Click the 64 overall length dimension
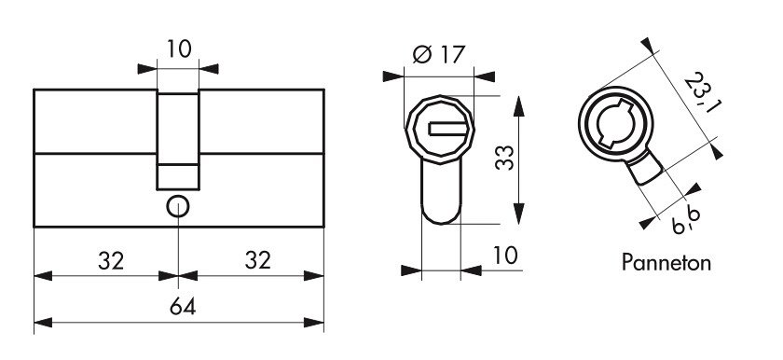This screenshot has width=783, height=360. coord(183,306)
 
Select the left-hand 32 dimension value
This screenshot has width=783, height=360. coord(111,260)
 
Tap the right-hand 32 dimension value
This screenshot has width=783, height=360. coord(257,260)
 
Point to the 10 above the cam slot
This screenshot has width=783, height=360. coord(179,48)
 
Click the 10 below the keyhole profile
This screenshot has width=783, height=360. coord(505,256)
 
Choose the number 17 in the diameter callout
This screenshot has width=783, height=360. coord(452,54)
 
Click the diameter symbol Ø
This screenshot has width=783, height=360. coord(422,54)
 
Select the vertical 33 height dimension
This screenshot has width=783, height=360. coord(504,158)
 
